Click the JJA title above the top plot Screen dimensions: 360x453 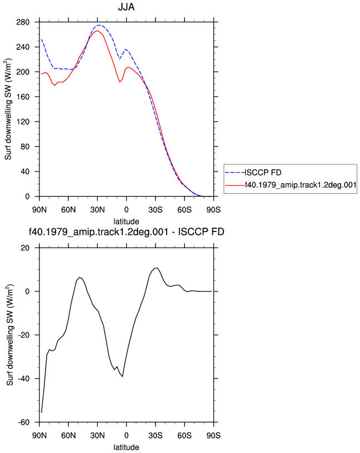126,7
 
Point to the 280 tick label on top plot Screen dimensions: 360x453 23,22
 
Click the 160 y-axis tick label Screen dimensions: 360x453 23,97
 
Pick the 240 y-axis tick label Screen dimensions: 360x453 23,47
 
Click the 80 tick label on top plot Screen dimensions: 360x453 25,147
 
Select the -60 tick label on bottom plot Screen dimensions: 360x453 23,422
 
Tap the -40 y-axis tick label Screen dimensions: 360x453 23,379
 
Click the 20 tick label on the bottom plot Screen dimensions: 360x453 25,248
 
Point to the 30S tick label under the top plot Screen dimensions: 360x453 156,210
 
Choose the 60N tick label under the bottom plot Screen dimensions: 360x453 68,435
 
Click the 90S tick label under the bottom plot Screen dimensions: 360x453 213,435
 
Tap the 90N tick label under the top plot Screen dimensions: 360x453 39,210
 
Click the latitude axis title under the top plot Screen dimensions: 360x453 126,222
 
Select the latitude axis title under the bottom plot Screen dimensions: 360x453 126,447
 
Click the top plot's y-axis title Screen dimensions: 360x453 8,109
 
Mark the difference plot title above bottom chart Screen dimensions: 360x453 126,231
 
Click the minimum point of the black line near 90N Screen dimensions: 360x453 41,412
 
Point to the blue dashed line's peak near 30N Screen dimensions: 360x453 99,25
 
